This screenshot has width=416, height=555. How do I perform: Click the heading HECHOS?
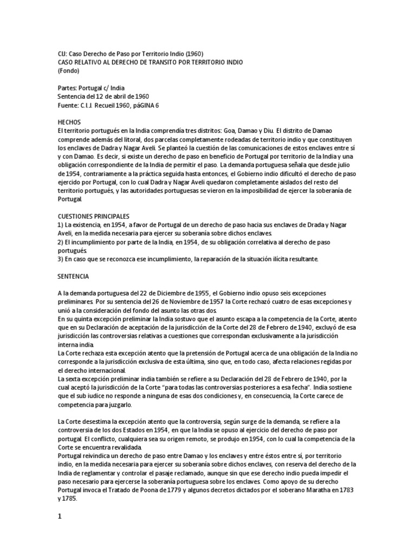(68, 122)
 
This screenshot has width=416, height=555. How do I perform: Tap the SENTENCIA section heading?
(73, 276)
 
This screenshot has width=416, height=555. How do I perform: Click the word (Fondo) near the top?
(68, 70)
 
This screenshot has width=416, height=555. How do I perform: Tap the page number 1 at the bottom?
(60, 517)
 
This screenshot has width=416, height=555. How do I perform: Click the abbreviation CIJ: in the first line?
(63, 54)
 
